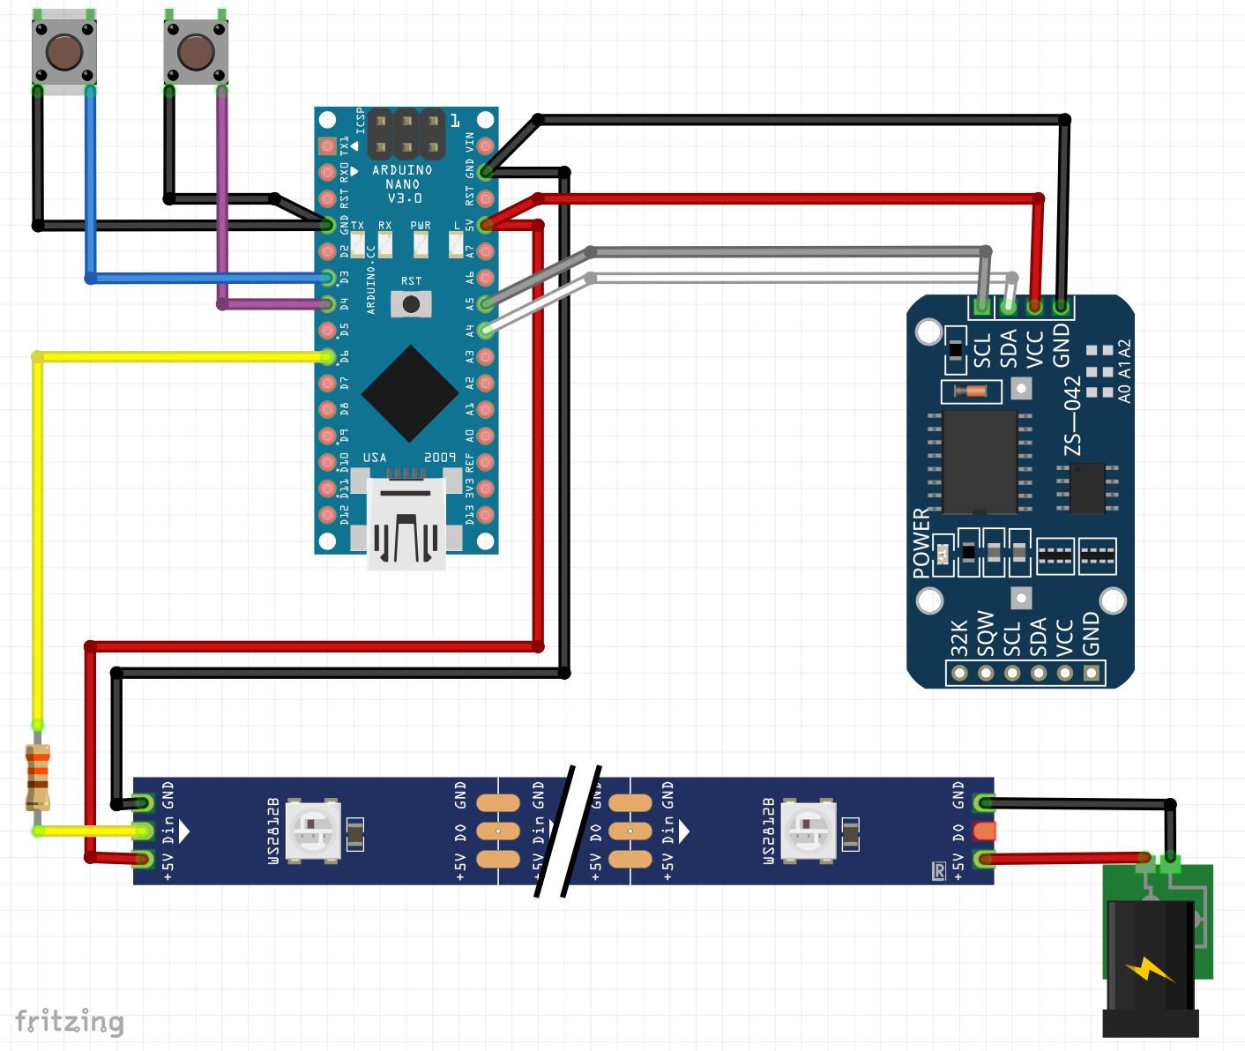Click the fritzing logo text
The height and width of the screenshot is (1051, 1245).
[70, 1021]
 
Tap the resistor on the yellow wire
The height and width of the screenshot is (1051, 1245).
[37, 776]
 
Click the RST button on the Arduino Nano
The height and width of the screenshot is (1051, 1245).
[411, 304]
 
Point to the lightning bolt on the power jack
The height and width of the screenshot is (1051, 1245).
[1149, 969]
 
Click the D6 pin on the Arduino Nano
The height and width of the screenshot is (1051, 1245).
[328, 357]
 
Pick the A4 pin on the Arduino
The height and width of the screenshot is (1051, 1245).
[485, 331]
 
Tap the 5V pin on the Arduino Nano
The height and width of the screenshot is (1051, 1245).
[485, 225]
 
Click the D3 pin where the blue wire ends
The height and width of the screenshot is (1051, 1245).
[328, 278]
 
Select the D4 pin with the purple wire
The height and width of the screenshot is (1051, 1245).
[328, 304]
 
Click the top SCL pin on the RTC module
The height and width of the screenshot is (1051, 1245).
[980, 307]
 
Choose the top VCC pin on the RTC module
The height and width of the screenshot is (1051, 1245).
[1034, 307]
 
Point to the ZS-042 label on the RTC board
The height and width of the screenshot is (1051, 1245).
[1072, 415]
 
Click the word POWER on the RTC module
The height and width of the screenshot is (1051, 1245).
[921, 543]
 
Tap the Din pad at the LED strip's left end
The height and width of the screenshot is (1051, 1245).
[144, 831]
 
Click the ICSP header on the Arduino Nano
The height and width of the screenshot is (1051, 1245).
[406, 133]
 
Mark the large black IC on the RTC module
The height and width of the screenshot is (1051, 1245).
[980, 461]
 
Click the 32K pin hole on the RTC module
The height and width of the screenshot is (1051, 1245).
[959, 674]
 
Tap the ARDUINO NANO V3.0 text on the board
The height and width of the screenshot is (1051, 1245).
[402, 183]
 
